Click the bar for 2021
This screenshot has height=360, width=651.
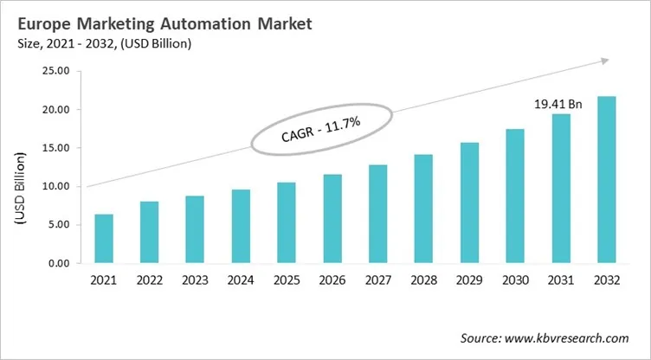(104, 238)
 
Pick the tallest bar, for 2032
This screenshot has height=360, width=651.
(606, 179)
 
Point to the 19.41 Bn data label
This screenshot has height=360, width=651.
(558, 104)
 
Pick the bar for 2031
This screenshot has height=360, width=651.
(561, 188)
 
